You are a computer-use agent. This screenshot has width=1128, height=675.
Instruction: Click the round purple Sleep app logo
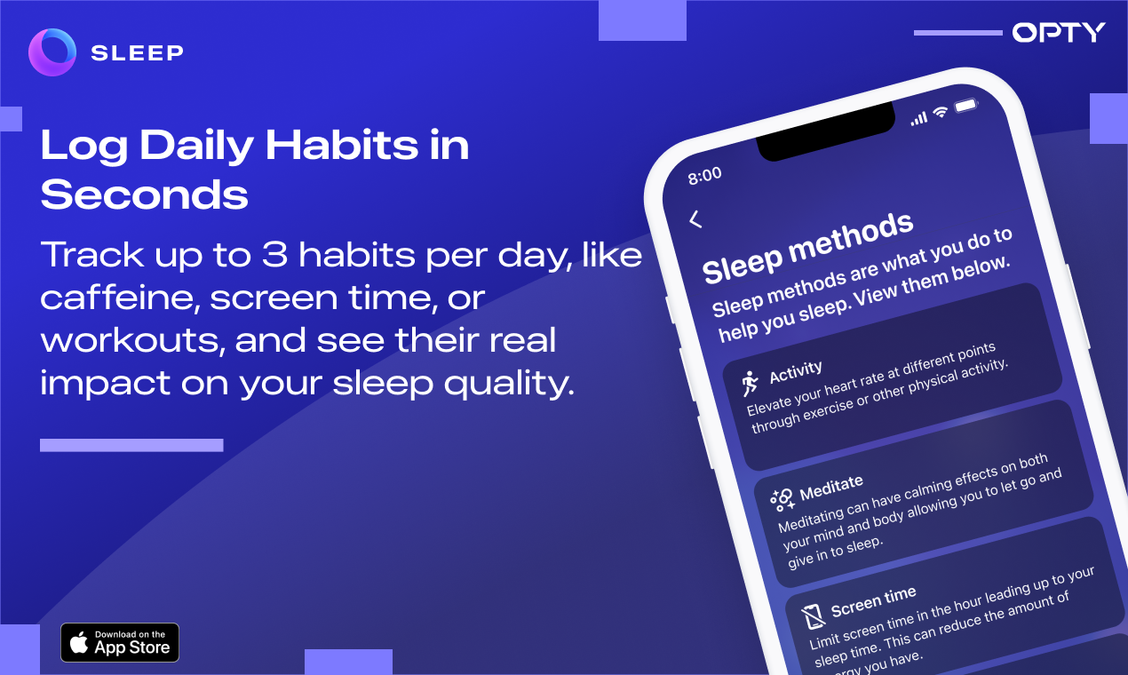point(52,52)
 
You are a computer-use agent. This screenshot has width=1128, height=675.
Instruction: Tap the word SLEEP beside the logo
point(137,53)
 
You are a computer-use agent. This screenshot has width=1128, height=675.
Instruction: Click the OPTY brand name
point(1059,33)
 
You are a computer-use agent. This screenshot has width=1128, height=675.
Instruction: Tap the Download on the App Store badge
point(120,642)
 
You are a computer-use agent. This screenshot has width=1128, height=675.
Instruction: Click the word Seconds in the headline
point(145,195)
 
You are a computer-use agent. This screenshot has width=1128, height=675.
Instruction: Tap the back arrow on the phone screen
point(695,219)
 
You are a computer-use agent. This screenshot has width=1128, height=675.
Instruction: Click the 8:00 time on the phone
point(705,175)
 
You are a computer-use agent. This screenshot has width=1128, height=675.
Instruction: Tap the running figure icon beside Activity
point(751,383)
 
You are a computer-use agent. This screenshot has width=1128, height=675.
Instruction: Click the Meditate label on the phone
point(830,487)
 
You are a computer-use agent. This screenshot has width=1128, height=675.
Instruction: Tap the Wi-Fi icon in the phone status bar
point(941,112)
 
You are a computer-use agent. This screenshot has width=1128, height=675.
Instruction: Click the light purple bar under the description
point(131,445)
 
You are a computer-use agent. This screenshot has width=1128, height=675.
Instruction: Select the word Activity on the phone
point(796,372)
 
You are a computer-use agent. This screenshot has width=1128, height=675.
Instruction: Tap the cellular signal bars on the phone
point(919,117)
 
